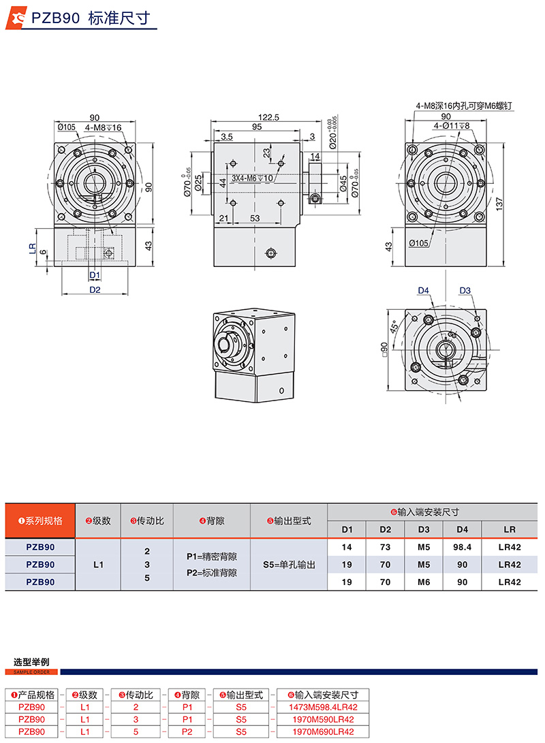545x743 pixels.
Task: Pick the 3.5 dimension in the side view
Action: (x=227, y=137)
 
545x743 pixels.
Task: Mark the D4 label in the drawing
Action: (x=424, y=291)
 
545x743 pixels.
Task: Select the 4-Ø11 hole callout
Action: (x=447, y=126)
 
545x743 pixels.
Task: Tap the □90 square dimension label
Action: (x=385, y=351)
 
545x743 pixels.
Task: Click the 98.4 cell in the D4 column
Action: (x=463, y=547)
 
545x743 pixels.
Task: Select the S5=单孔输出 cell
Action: (x=289, y=565)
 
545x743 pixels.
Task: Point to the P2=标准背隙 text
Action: (x=211, y=573)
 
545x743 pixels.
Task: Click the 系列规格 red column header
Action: (x=40, y=521)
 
